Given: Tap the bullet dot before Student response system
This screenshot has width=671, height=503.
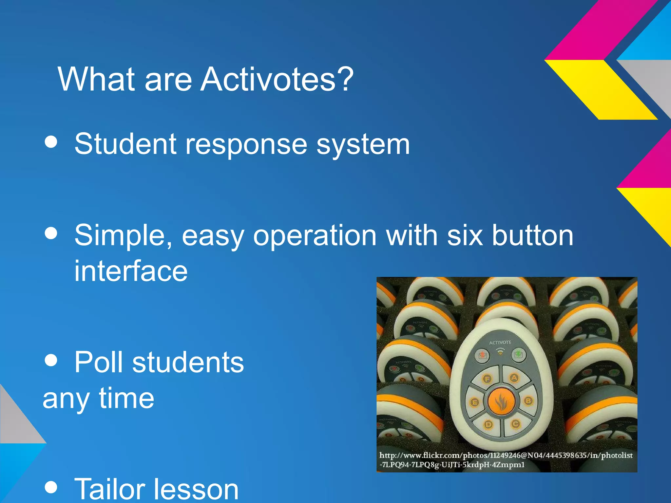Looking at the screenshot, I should tap(51, 142).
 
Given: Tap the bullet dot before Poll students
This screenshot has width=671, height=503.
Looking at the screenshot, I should tap(51, 361).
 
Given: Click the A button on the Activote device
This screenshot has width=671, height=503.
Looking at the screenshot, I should tap(514, 378).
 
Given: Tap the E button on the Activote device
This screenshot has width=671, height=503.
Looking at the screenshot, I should tap(474, 402).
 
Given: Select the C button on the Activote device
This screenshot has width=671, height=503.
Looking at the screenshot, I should tap(515, 424).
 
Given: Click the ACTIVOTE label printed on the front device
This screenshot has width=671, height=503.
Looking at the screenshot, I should tap(500, 343).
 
